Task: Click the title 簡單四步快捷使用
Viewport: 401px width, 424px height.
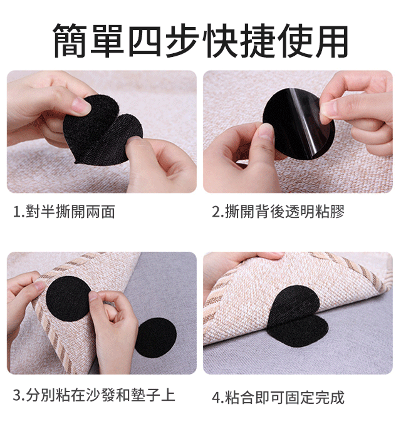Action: click(x=200, y=41)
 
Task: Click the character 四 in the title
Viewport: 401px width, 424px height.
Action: click(x=145, y=41)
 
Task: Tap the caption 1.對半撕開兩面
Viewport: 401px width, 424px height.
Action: click(x=65, y=212)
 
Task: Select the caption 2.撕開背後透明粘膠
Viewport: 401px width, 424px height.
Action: click(x=278, y=212)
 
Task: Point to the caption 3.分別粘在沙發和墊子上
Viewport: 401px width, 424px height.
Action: click(x=94, y=395)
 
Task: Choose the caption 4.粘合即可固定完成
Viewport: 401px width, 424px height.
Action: click(x=278, y=398)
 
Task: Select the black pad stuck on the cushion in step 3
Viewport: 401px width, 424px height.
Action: click(x=68, y=298)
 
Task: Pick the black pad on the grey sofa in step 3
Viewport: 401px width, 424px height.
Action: click(x=156, y=338)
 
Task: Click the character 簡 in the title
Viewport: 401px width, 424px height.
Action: click(x=70, y=41)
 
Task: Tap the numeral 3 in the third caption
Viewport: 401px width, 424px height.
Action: click(x=17, y=396)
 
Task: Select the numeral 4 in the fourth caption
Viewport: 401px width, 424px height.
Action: click(x=216, y=398)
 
